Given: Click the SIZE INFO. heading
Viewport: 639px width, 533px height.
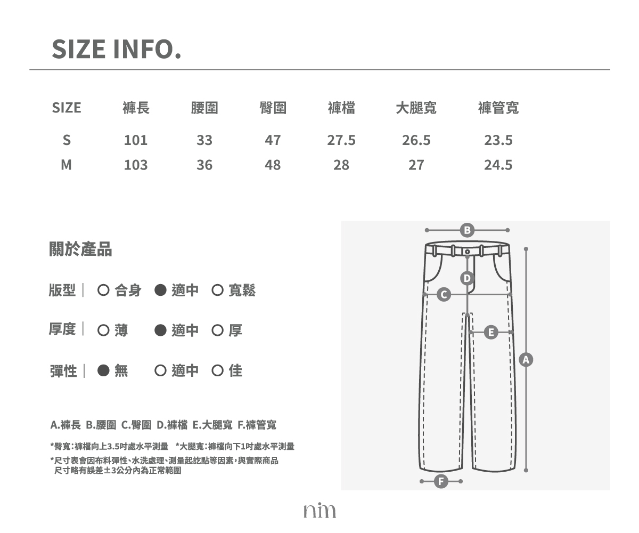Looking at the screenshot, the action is pyautogui.click(x=117, y=49).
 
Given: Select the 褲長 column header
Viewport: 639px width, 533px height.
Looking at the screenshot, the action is pyautogui.click(x=136, y=108).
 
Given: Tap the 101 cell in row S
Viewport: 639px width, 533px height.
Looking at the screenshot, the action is pyautogui.click(x=136, y=140).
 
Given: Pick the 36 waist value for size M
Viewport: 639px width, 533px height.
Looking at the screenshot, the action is pyautogui.click(x=204, y=165).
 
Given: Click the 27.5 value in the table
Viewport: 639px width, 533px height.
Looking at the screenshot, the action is pyautogui.click(x=341, y=140).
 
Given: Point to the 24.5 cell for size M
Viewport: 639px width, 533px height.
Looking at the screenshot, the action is pyautogui.click(x=498, y=165).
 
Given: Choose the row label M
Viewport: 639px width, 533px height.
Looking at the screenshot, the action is pyautogui.click(x=67, y=165).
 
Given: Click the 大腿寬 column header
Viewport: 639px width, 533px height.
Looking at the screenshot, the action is pyautogui.click(x=416, y=108).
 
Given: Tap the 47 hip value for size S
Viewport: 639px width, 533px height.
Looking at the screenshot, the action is pyautogui.click(x=273, y=140).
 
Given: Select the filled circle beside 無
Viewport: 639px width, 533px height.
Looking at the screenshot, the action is pyautogui.click(x=103, y=370).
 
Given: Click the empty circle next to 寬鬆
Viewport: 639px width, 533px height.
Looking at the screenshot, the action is pyautogui.click(x=217, y=290).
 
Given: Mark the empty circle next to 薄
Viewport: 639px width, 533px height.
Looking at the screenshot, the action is pyautogui.click(x=103, y=330).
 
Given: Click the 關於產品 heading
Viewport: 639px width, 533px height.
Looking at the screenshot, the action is pyautogui.click(x=80, y=249).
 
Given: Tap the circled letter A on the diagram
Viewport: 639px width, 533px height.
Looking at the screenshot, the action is pyautogui.click(x=526, y=360).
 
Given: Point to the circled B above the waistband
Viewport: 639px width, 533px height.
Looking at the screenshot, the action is pyautogui.click(x=468, y=230).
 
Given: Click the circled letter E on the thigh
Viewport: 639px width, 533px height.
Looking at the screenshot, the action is pyautogui.click(x=491, y=333).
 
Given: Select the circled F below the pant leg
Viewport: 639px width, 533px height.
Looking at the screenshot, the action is pyautogui.click(x=441, y=481).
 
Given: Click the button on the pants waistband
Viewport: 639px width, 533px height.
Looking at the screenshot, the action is pyautogui.click(x=468, y=252).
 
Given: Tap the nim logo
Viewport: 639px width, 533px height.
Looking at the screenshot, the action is pyautogui.click(x=319, y=510).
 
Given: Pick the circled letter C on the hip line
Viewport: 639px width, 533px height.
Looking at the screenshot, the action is pyautogui.click(x=444, y=294).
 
